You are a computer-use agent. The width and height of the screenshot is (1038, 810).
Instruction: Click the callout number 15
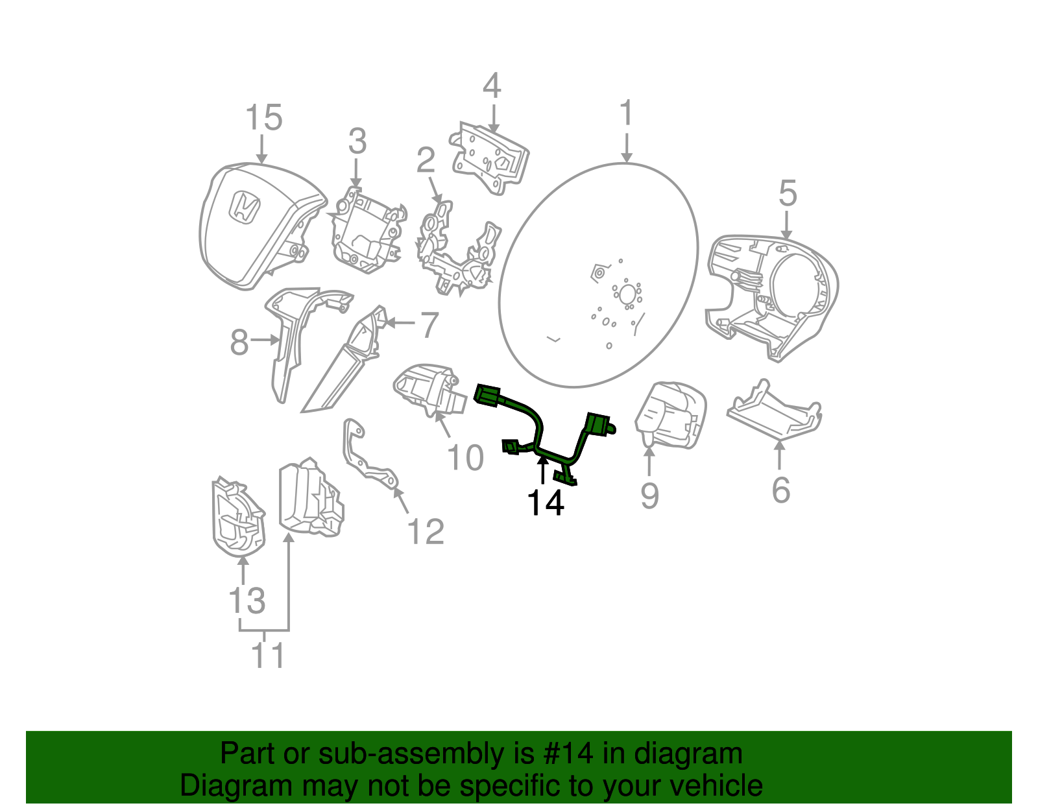(263, 118)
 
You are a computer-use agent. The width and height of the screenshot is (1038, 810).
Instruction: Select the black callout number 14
(545, 503)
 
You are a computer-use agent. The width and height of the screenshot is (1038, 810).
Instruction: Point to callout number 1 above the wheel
(626, 113)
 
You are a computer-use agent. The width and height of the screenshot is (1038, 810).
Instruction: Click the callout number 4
(492, 86)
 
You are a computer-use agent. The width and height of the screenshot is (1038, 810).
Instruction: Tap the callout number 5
(787, 194)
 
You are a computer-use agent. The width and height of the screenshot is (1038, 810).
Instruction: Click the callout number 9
(649, 495)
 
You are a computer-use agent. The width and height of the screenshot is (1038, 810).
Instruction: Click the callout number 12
(425, 532)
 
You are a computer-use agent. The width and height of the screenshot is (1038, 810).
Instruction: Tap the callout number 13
(247, 601)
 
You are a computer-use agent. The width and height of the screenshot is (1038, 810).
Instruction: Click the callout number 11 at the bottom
(267, 656)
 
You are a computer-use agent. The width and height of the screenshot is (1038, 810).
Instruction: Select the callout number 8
(239, 342)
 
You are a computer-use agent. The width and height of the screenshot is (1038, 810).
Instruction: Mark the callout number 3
(357, 141)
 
